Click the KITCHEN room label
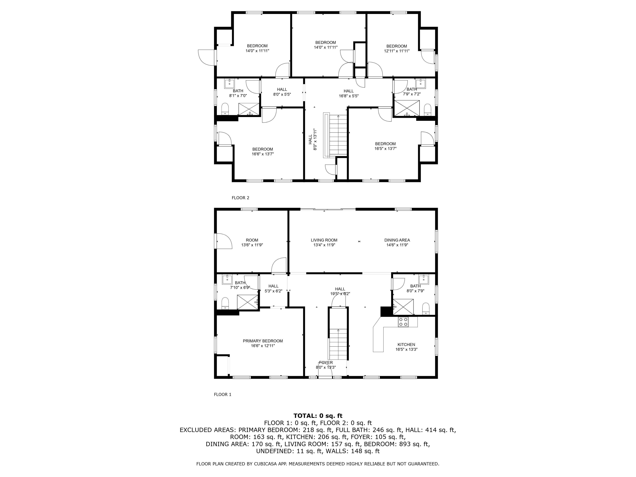click(406, 344)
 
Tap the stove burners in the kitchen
click(403, 322)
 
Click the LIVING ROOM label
click(324, 240)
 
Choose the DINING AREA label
click(397, 240)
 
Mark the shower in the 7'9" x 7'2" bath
click(407, 108)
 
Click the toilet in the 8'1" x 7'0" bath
click(225, 109)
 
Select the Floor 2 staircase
click(338, 135)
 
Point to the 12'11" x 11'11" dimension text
click(396, 51)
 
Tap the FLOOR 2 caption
click(240, 198)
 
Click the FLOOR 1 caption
click(223, 395)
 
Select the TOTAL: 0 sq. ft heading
click(318, 416)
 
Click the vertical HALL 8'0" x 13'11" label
click(312, 139)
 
